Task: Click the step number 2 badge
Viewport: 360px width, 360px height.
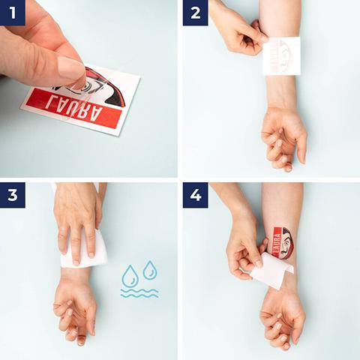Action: pyautogui.click(x=196, y=13)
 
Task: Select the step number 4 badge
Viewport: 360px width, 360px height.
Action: pyautogui.click(x=196, y=195)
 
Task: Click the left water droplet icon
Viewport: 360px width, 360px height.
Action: pyautogui.click(x=130, y=278)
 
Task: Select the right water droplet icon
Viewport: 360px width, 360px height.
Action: pyautogui.click(x=150, y=270)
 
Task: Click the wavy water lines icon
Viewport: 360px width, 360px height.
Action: pyautogui.click(x=139, y=293)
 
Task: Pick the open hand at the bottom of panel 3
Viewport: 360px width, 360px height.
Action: pyautogui.click(x=75, y=307)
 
